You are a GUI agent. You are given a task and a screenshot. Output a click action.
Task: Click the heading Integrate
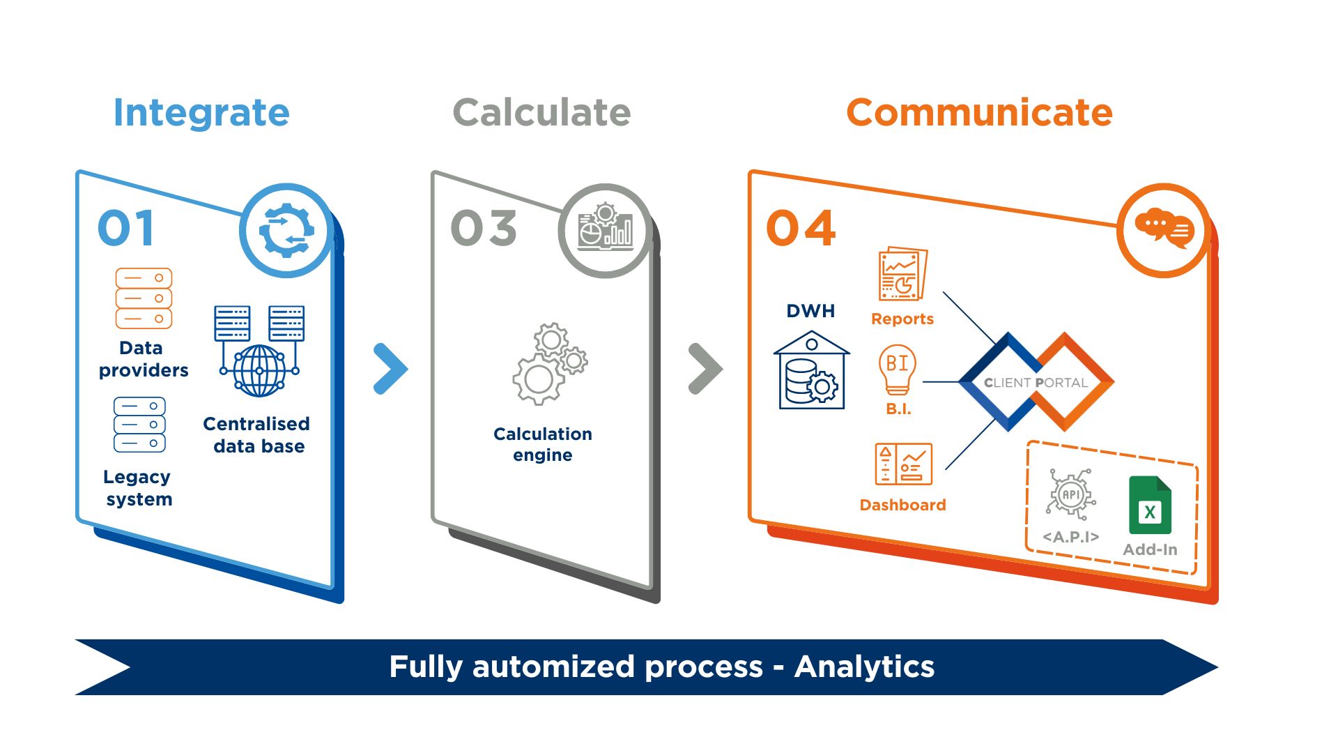tap(201, 113)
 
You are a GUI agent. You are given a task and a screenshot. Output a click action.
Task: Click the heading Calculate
tap(541, 113)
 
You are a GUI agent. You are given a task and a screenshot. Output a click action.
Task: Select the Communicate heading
tap(979, 113)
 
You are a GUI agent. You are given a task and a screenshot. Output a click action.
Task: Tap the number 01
tap(126, 229)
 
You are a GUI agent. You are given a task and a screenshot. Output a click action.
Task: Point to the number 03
tap(484, 229)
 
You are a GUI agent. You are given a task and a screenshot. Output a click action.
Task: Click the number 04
tap(801, 229)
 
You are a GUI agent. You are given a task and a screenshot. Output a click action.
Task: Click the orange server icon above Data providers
tap(144, 298)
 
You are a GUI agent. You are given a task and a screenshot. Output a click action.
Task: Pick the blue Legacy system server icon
tap(139, 425)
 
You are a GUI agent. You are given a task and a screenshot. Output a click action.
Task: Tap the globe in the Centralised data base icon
tap(259, 370)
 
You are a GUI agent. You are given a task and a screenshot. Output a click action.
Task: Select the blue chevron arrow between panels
tap(390, 369)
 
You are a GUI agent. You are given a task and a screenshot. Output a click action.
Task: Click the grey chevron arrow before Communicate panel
tap(705, 369)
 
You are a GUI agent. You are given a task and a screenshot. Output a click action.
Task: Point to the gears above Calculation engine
tap(550, 363)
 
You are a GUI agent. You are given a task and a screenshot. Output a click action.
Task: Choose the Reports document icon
tap(902, 274)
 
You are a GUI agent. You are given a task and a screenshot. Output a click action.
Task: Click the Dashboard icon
tap(903, 464)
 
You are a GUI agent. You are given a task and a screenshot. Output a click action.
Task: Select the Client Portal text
tap(1036, 383)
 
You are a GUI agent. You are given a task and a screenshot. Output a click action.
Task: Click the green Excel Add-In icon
tap(1150, 505)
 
